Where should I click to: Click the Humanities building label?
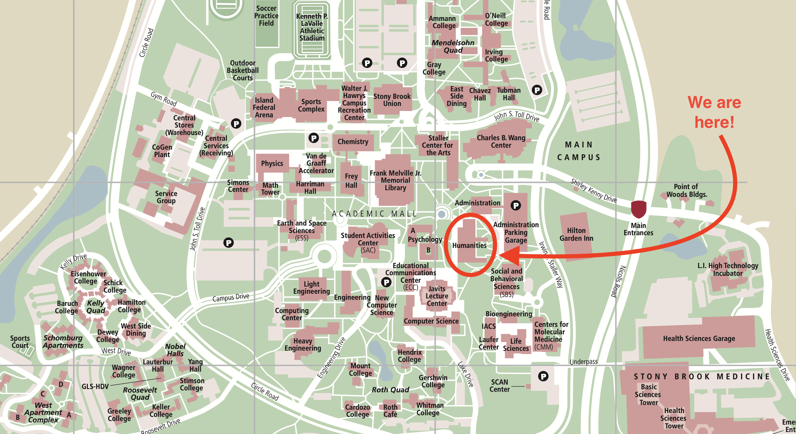click(469, 245)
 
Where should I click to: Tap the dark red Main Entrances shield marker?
click(638, 209)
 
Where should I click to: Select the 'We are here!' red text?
click(714, 112)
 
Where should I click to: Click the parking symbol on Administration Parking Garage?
click(515, 205)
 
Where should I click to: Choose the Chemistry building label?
click(353, 142)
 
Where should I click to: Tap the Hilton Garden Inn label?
click(576, 234)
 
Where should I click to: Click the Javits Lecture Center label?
click(437, 296)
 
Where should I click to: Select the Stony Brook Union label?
click(392, 100)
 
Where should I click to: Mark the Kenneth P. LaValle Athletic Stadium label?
click(312, 27)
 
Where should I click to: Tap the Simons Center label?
click(238, 186)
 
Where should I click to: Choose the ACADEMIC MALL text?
click(374, 214)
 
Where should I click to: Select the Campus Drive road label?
click(231, 297)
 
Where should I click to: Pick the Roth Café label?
click(390, 411)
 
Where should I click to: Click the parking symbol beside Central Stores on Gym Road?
click(236, 124)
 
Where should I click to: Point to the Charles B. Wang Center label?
click(501, 141)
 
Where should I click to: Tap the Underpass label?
click(583, 361)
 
